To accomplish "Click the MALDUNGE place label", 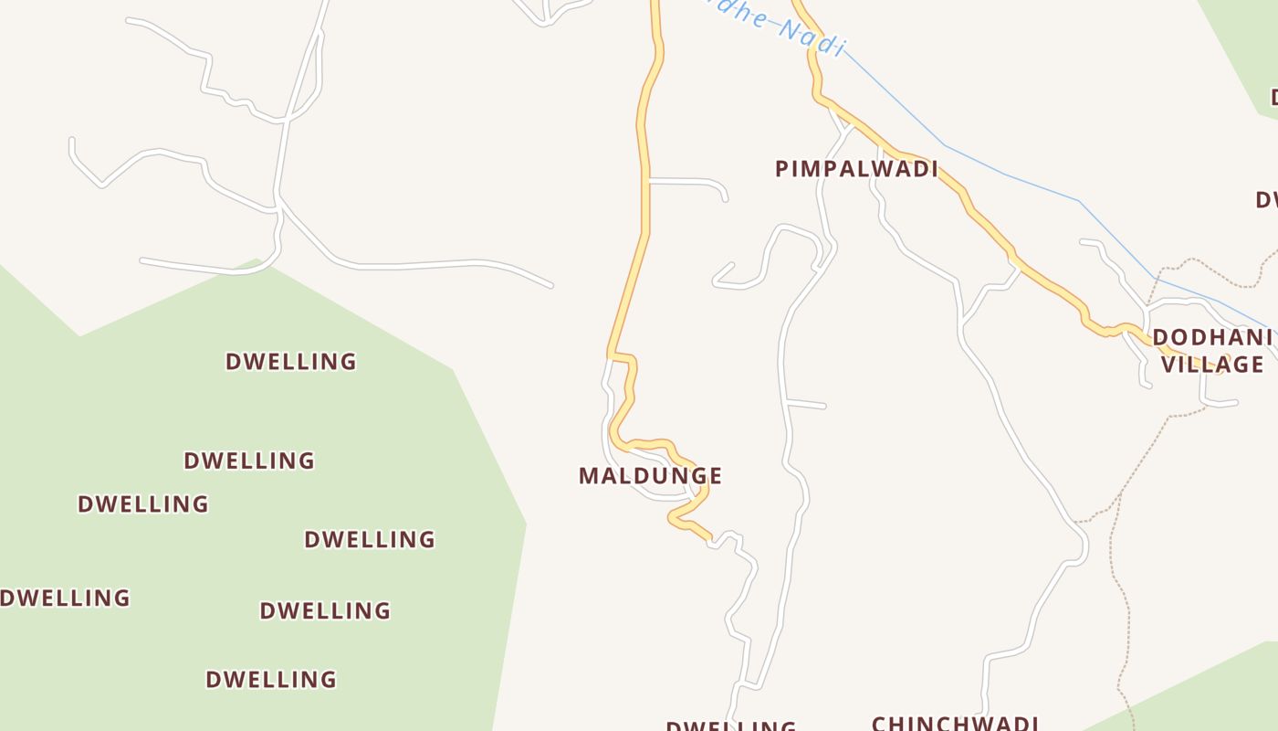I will [x=650, y=476].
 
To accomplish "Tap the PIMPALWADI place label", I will [x=856, y=169].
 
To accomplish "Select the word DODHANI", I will [x=1211, y=338].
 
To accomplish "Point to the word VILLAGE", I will [x=1212, y=365].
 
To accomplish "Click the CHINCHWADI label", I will [x=955, y=723].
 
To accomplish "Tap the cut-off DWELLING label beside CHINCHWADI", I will [x=730, y=726].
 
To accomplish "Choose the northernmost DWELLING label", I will [x=291, y=362].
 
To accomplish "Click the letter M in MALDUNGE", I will [x=589, y=476].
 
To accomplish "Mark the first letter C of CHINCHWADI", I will [x=880, y=724].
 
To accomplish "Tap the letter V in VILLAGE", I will [x=1168, y=365].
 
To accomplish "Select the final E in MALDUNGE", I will [x=715, y=476].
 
